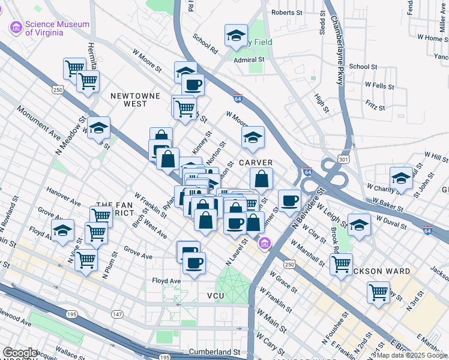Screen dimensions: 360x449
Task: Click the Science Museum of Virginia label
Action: pos(57,28)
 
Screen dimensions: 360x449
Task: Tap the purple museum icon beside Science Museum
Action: pos(16,28)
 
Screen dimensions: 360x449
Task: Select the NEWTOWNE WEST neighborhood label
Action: pos(127,99)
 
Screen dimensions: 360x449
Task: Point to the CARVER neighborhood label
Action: pos(256,163)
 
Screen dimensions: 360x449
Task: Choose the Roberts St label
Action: pos(286,13)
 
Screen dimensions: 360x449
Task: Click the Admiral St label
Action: pos(249,60)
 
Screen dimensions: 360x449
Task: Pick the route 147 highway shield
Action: pos(116,314)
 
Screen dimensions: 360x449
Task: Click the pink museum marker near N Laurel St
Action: pos(264,243)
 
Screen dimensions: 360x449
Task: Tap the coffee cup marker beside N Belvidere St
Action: pos(289,200)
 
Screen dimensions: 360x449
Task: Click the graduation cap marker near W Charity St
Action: pos(400,178)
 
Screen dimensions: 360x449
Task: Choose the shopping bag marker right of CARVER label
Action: pos(261,178)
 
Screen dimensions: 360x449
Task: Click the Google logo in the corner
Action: pos(20,353)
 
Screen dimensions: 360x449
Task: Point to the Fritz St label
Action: pos(375,107)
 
